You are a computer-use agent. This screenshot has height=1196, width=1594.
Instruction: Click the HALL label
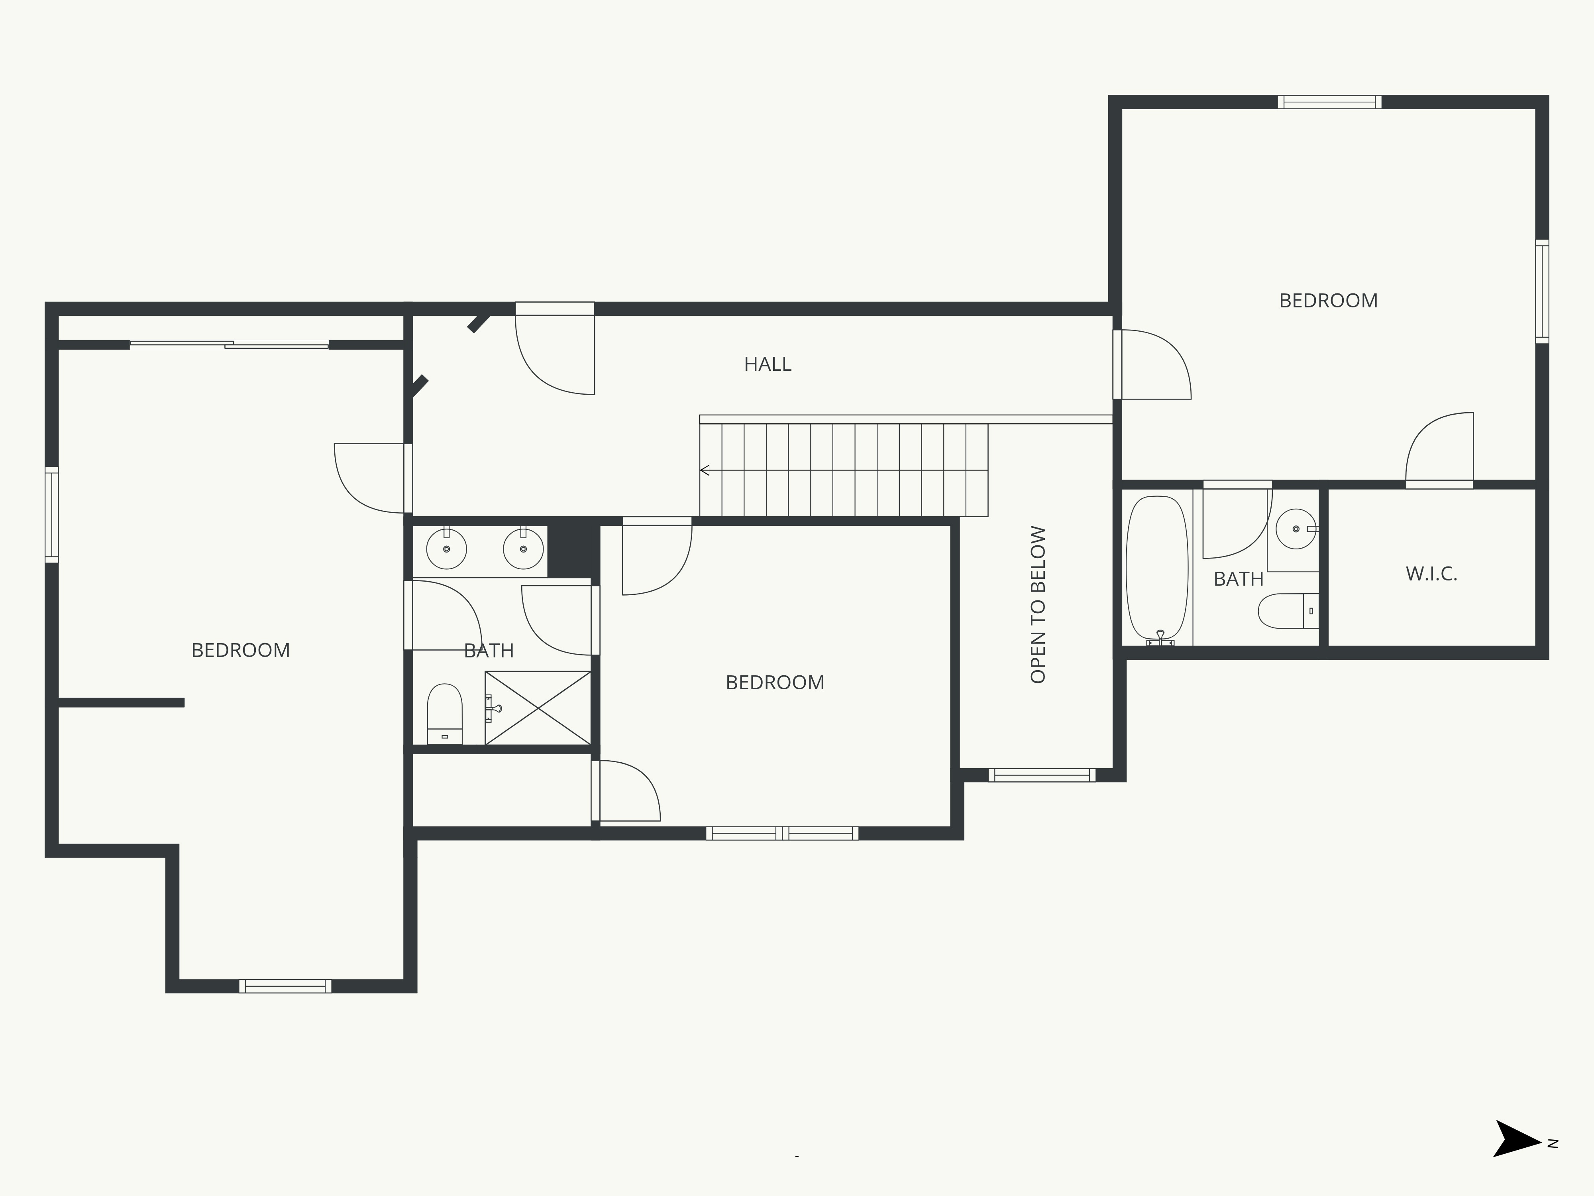click(x=768, y=364)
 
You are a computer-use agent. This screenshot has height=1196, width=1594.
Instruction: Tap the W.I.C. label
click(x=1431, y=574)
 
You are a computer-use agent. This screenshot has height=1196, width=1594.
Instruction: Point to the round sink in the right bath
click(x=1296, y=528)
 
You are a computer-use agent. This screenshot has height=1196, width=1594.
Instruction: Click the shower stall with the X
click(x=538, y=708)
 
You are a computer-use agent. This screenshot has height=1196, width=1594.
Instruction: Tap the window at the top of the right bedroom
click(x=1329, y=102)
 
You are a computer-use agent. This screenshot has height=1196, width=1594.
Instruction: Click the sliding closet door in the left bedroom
click(x=229, y=344)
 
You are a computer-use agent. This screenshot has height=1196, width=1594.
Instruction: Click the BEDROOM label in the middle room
click(x=775, y=683)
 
